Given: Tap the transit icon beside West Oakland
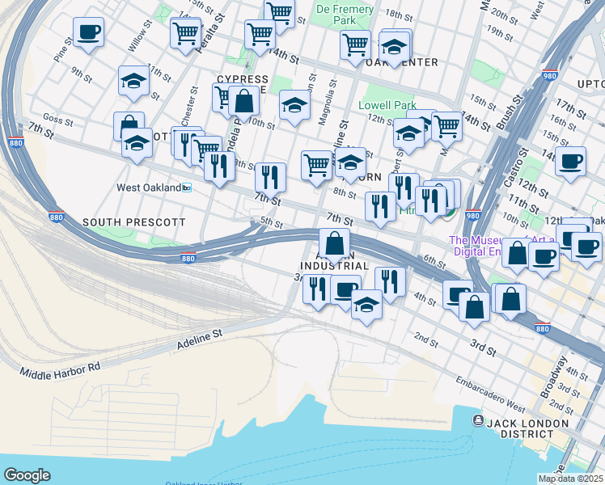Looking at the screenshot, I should (186, 188).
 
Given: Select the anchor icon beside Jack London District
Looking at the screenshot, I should (478, 421).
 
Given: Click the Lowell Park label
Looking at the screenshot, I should (387, 105).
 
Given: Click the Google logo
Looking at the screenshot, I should (27, 474).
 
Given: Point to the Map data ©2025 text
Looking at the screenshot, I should (569, 479).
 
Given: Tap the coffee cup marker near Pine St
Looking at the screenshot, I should (88, 33).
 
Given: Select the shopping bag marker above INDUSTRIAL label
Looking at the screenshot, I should (334, 242).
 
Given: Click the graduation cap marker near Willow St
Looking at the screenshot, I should (133, 81).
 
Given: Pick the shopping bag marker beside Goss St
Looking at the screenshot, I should (129, 126).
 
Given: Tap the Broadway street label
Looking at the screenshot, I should (556, 377).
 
